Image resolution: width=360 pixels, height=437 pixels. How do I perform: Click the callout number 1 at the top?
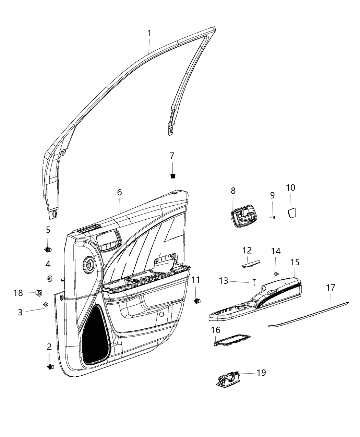coord(149,34)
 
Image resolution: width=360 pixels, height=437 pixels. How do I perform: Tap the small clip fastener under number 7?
coord(172,176)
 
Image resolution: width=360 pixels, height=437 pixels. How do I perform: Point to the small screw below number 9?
coord(273,217)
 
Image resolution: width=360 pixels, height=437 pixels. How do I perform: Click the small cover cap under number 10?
coord(292,212)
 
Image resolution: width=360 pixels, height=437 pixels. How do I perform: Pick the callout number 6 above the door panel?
coord(119,192)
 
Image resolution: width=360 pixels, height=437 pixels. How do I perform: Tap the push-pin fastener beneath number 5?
coord(48,249)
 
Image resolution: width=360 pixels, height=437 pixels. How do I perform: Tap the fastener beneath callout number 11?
coord(197,301)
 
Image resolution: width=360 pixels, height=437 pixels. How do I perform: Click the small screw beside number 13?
coord(254,282)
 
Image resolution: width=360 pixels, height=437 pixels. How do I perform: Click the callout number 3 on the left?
coord(20,312)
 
